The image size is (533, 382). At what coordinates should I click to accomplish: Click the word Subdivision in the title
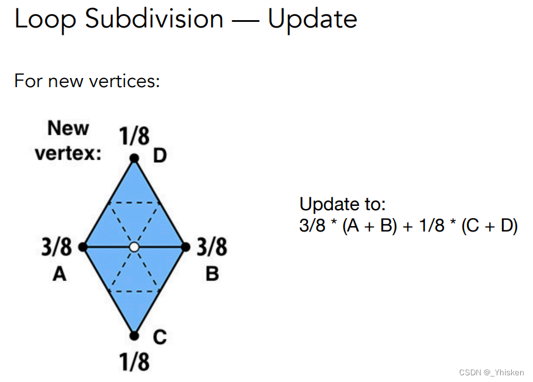tap(154, 19)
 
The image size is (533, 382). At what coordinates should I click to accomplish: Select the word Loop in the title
tap(45, 19)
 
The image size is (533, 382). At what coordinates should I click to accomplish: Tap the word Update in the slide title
tap(312, 19)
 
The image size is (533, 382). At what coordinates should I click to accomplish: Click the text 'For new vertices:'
tap(87, 80)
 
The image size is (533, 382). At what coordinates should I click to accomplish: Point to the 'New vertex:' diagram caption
tap(68, 141)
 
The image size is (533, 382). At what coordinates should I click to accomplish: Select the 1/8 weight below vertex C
tap(134, 363)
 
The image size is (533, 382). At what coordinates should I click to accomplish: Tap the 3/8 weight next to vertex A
tap(57, 247)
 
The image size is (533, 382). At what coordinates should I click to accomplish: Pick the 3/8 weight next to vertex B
tap(212, 247)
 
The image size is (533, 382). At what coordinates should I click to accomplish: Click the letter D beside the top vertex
tap(160, 157)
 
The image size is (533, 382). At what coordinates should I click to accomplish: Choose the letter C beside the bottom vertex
tap(160, 337)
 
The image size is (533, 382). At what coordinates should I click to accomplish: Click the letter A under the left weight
tap(59, 275)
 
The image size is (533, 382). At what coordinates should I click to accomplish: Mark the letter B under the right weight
tap(212, 275)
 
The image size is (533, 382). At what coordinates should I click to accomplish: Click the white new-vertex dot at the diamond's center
tap(134, 247)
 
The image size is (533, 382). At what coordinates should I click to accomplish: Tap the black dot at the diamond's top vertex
tap(134, 158)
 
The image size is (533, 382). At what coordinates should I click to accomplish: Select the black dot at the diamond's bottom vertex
tap(134, 335)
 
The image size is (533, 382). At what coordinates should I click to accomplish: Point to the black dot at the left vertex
tap(83, 247)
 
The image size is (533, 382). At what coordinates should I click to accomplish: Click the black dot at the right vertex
tap(185, 247)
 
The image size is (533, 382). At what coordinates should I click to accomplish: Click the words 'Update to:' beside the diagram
tap(343, 204)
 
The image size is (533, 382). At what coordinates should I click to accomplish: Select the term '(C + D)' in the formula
tap(489, 226)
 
